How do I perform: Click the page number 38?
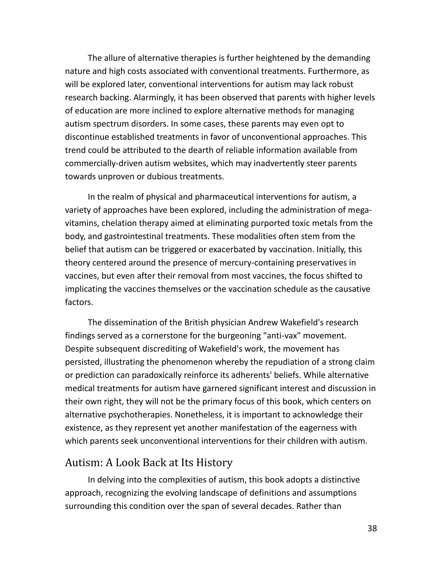372,528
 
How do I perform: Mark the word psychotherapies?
136,415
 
